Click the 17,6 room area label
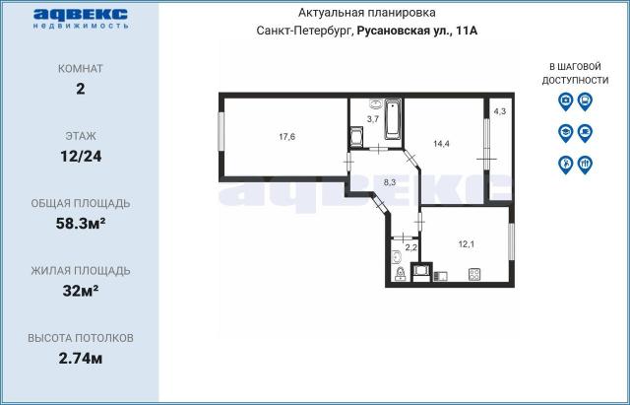pos(287,137)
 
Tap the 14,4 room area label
pos(442,143)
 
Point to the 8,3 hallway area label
pos(389,181)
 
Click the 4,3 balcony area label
pos(500,110)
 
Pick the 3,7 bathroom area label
pos(373,118)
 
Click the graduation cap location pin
pos(565,132)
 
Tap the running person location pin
pos(565,164)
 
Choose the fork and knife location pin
pos(585,164)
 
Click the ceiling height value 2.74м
pos(81,357)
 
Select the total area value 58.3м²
pos(81,223)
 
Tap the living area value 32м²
pos(81,290)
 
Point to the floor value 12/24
pos(81,156)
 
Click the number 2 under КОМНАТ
pos(81,89)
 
